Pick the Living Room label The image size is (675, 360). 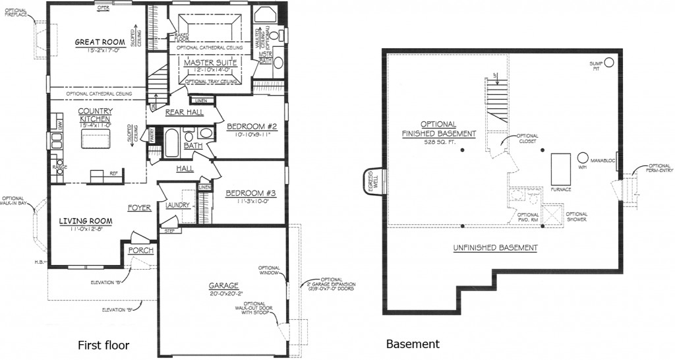point(84,220)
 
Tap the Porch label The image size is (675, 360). point(141,251)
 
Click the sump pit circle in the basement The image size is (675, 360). point(609,63)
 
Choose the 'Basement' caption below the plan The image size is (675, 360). point(413,344)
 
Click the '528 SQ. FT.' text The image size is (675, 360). point(440,142)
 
